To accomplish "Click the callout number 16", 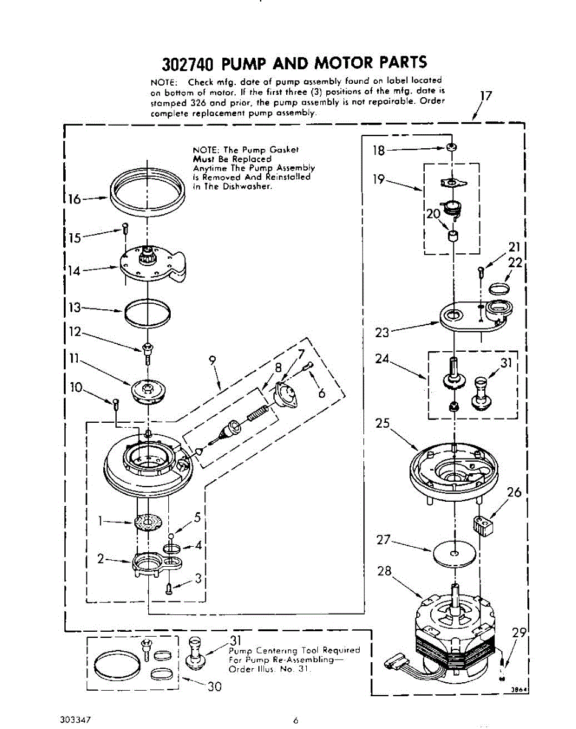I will point(74,199).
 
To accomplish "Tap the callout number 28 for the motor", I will point(384,571).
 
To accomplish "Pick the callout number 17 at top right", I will point(485,95).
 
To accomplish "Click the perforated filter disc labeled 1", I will point(149,521).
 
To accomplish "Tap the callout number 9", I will point(212,360).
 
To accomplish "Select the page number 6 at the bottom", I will point(295,721).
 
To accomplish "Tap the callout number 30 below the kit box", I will point(214,687).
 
